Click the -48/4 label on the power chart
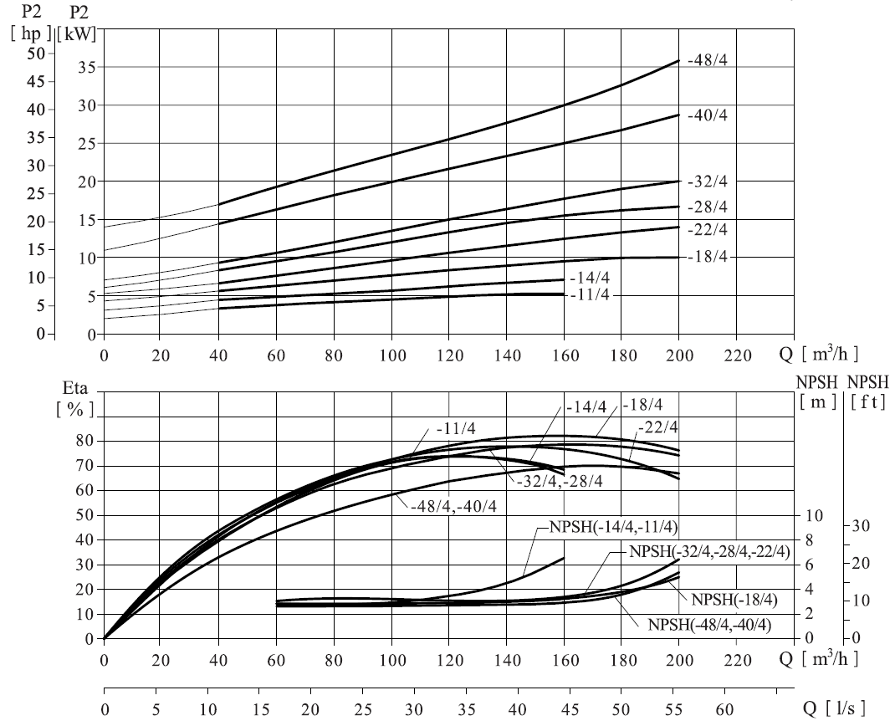pyautogui.click(x=708, y=60)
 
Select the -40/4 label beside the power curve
pyautogui.click(x=708, y=115)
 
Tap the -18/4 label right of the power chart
pyautogui.click(x=708, y=257)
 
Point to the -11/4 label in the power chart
pyautogui.click(x=590, y=295)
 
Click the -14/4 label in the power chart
pyautogui.click(x=590, y=278)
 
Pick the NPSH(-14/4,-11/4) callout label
pyautogui.click(x=614, y=527)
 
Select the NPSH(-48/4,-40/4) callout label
pyautogui.click(x=709, y=625)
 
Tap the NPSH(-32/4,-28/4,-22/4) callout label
pyautogui.click(x=709, y=552)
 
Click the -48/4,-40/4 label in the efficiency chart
pyautogui.click(x=453, y=506)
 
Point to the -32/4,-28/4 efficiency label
pyautogui.click(x=560, y=482)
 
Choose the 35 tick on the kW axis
pyautogui.click(x=85, y=68)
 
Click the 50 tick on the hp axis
pyautogui.click(x=36, y=54)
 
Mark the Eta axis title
pyautogui.click(x=74, y=389)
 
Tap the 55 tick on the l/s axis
pyautogui.click(x=673, y=710)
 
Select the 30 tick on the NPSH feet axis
pyautogui.click(x=861, y=525)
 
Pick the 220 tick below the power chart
pyautogui.click(x=738, y=355)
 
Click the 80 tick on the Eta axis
pyautogui.click(x=85, y=441)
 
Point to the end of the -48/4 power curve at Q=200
pyautogui.click(x=678, y=60)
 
